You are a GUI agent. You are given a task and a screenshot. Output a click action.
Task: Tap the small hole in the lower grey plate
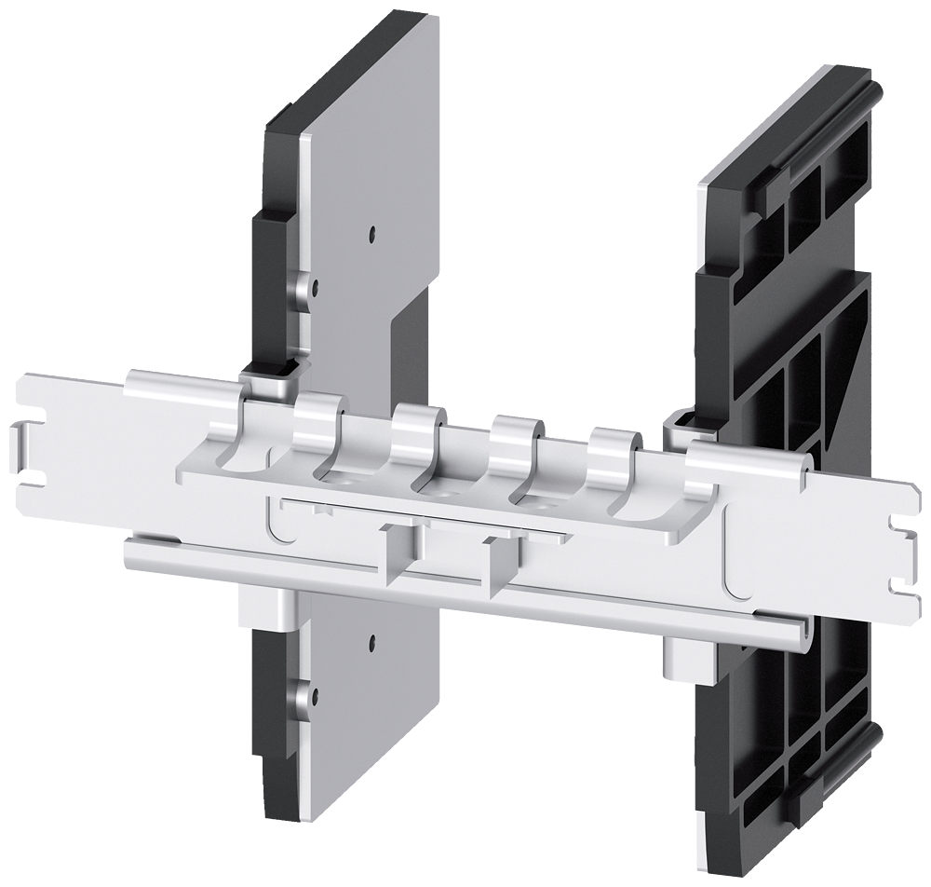(371, 641)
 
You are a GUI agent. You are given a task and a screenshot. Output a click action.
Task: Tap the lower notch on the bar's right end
(899, 584)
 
